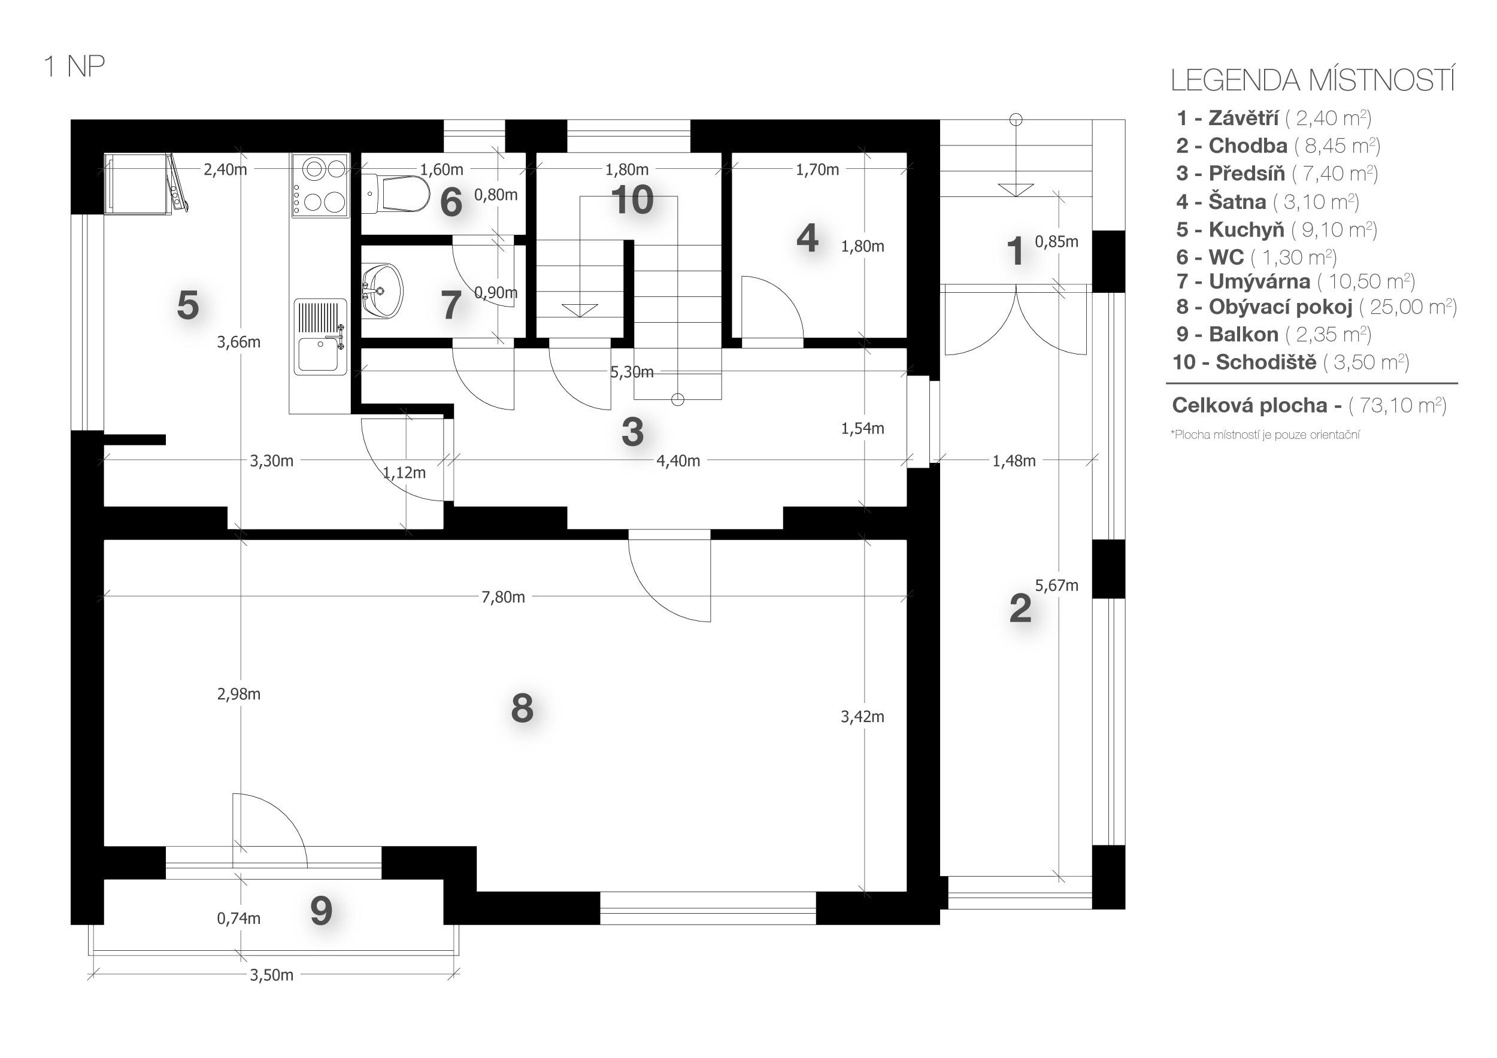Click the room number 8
coord(522,708)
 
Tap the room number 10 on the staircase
coord(632,199)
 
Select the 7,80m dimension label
coord(503,597)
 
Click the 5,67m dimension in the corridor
coord(1056,586)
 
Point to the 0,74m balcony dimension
coord(239,918)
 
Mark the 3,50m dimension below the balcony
coord(271,975)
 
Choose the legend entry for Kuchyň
coord(1276,229)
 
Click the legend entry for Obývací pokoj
coord(1316,307)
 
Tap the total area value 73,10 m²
coord(1397,405)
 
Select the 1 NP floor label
coord(74,67)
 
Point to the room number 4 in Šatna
coord(807,238)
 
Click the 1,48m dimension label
coord(1014,462)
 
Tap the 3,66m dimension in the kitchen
coord(239,342)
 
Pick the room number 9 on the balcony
coord(321,911)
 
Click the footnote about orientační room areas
coord(1265,435)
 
